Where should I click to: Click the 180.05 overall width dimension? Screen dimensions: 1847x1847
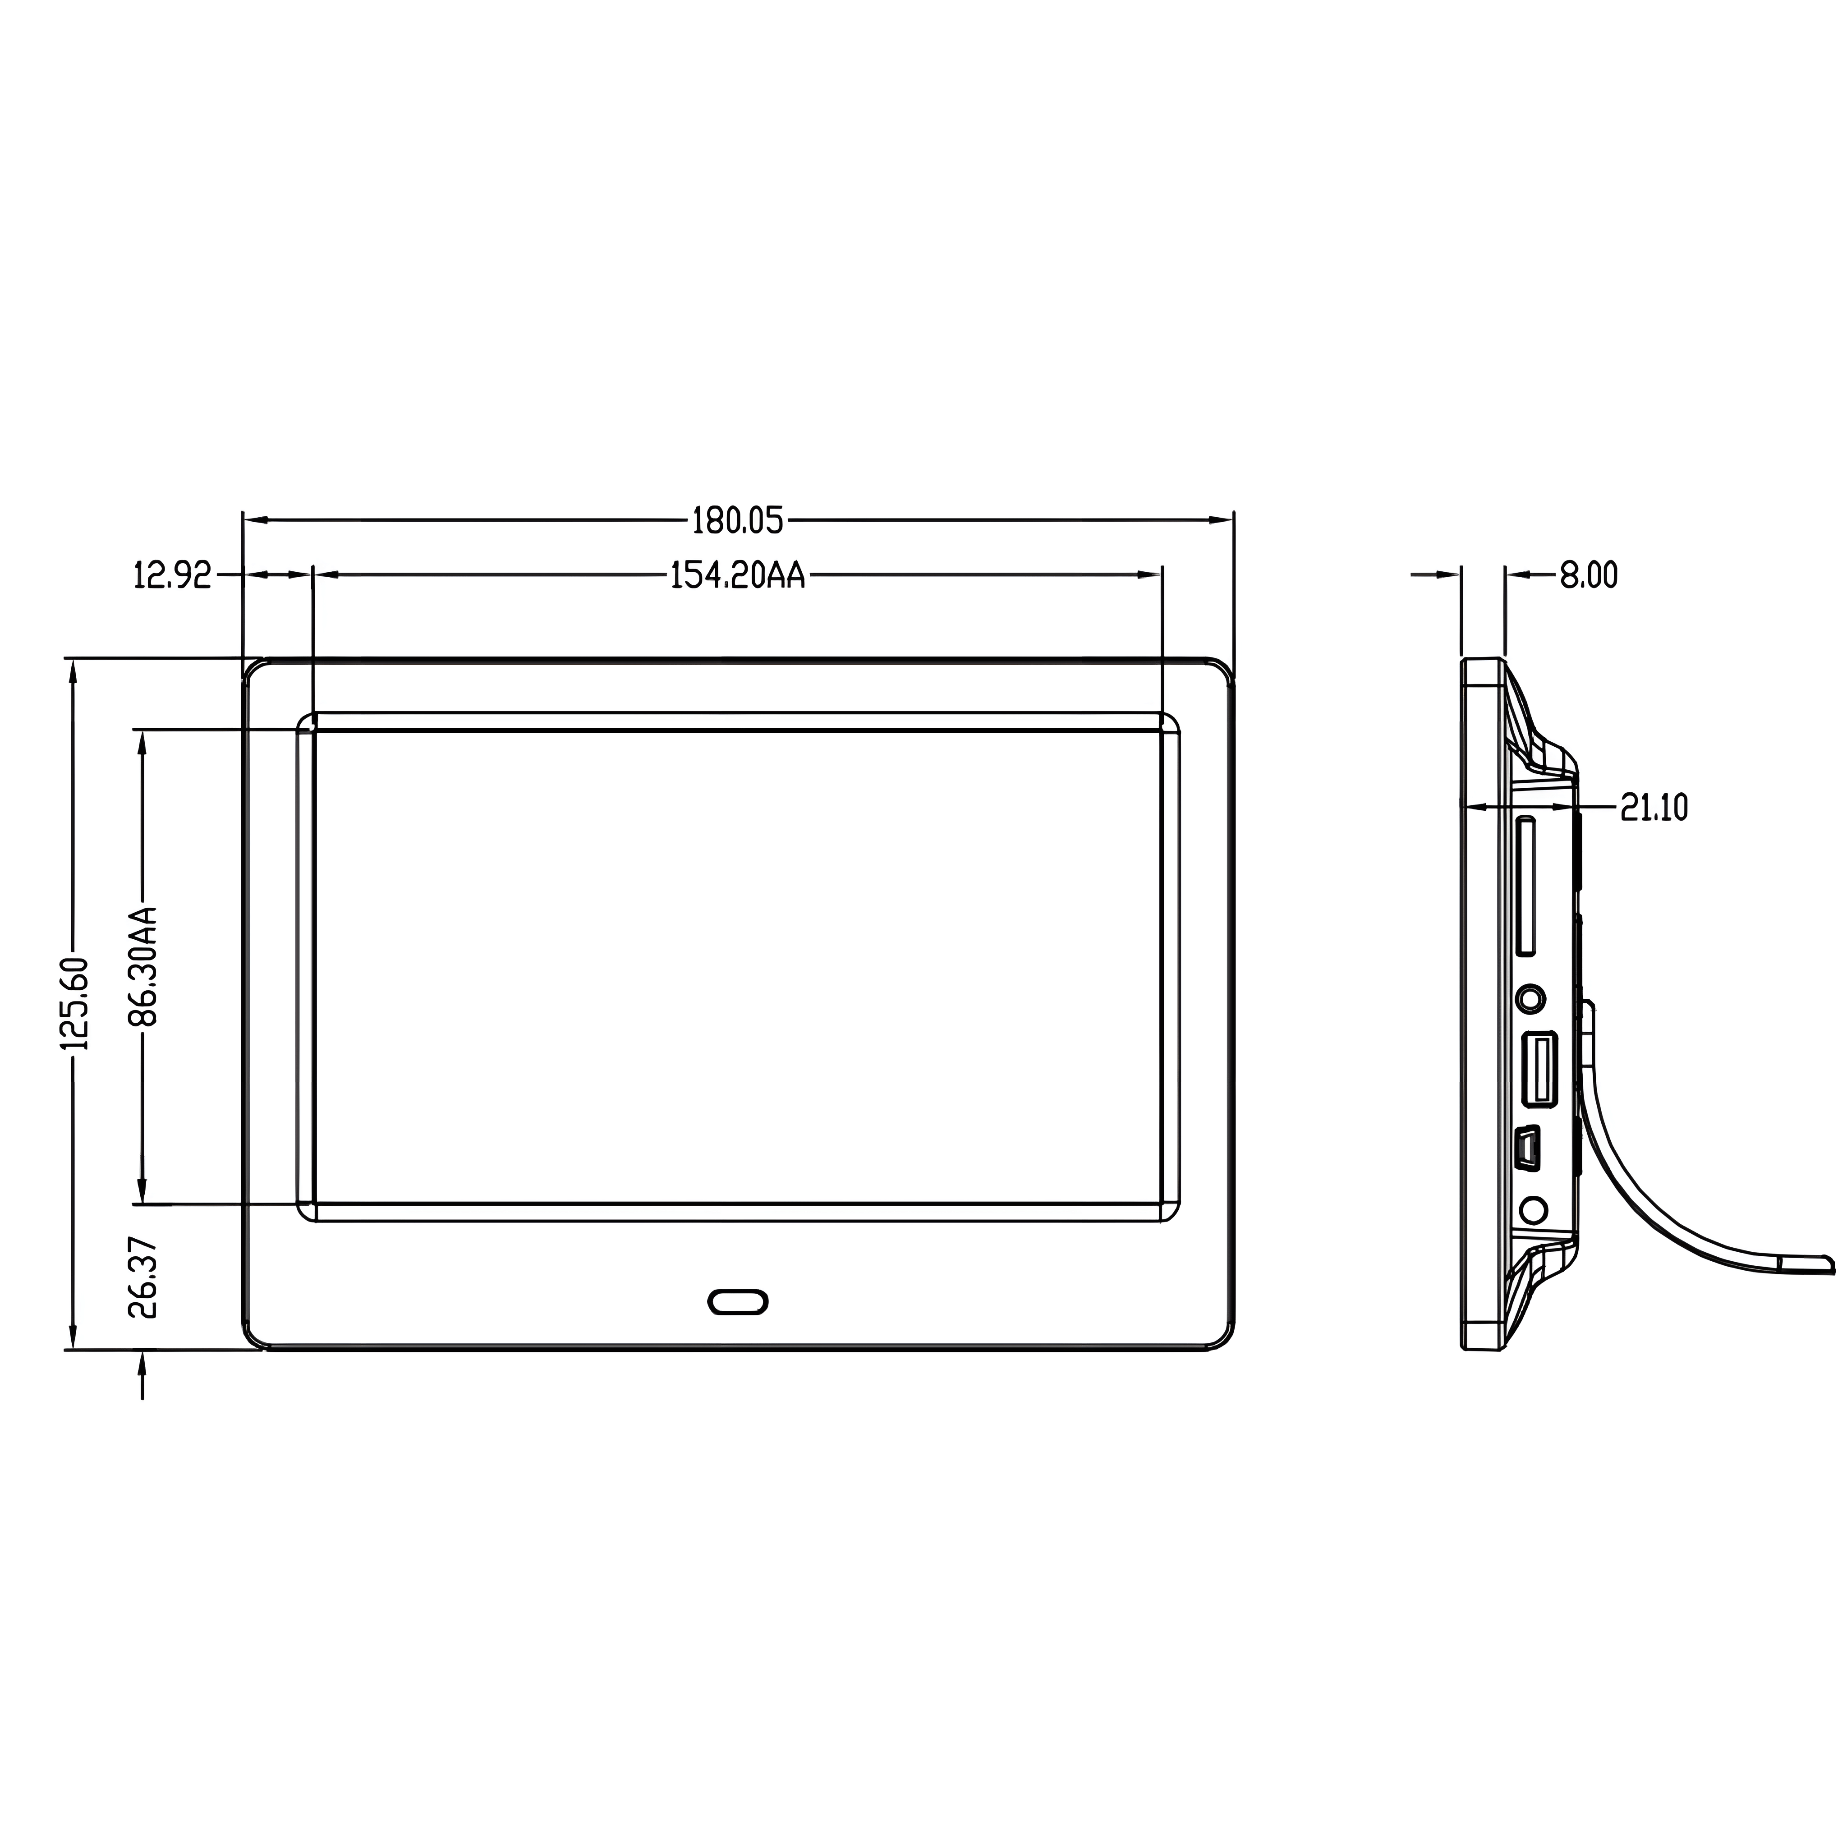click(x=737, y=521)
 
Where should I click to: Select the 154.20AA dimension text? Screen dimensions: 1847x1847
click(x=737, y=575)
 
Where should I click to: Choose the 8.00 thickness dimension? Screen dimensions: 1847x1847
click(x=1589, y=575)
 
